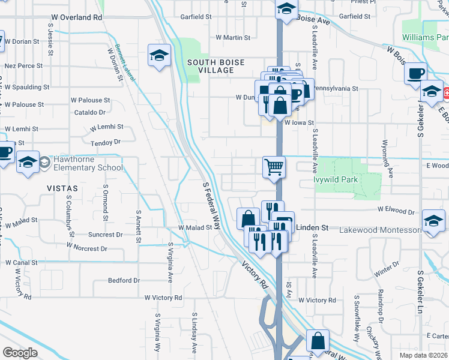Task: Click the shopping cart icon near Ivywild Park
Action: pos(274,167)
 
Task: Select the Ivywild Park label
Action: pos(334,178)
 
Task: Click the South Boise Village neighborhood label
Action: pos(210,66)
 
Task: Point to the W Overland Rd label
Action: pos(77,17)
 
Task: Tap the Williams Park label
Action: pos(426,38)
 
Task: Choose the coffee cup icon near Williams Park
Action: pos(415,74)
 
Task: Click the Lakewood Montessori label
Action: pos(379,230)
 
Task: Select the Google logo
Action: pos(20,353)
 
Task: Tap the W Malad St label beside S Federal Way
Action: pos(195,228)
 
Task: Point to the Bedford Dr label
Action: pos(124,280)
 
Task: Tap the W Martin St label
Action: pos(232,38)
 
